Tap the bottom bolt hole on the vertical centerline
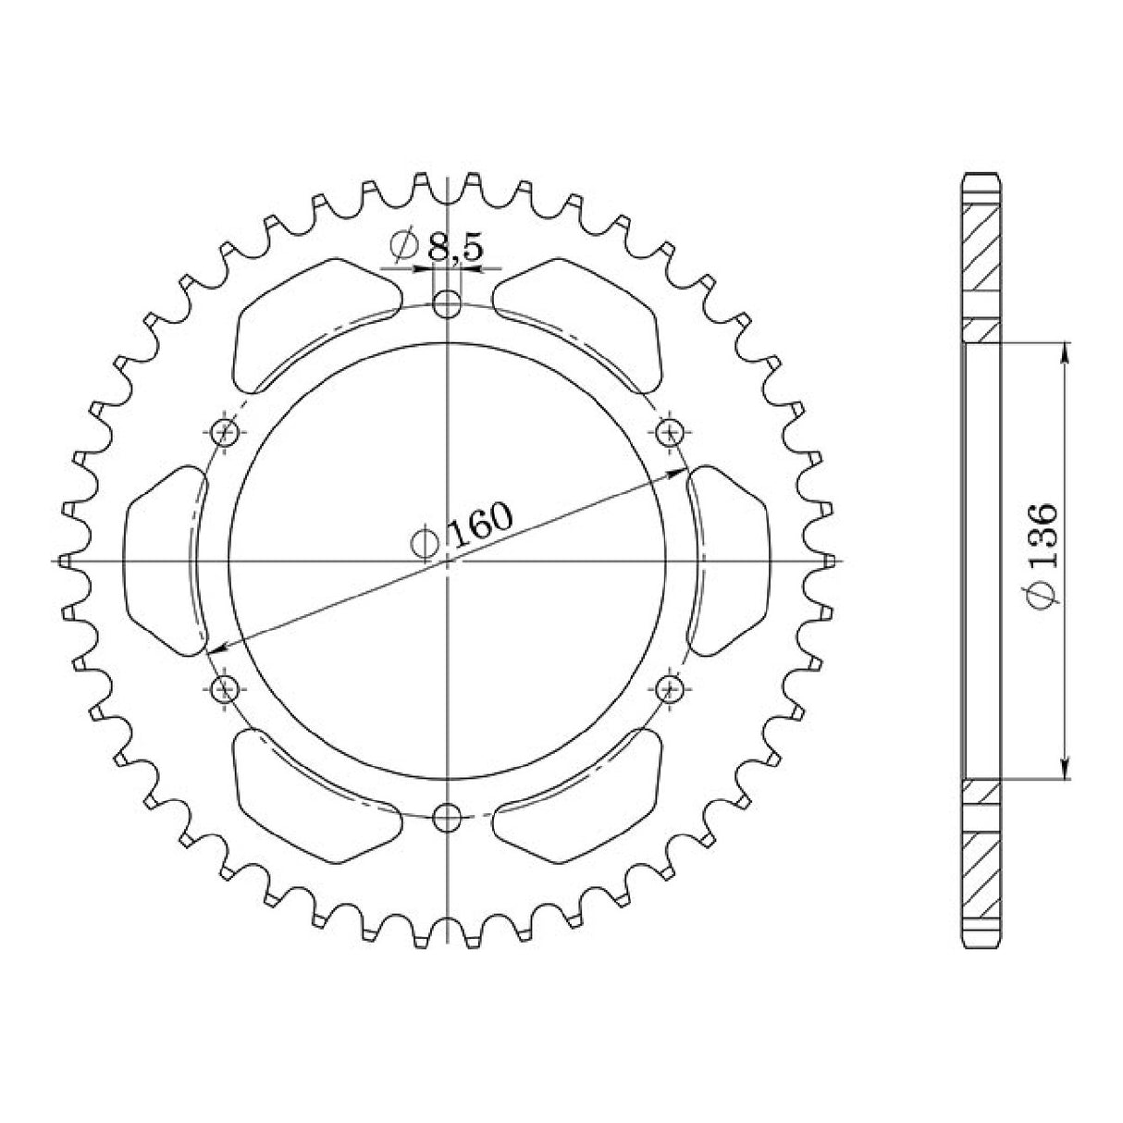pos(448,816)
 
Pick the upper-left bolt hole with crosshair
pos(224,431)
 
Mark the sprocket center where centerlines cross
pos(448,561)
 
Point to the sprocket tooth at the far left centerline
pos(64,561)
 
